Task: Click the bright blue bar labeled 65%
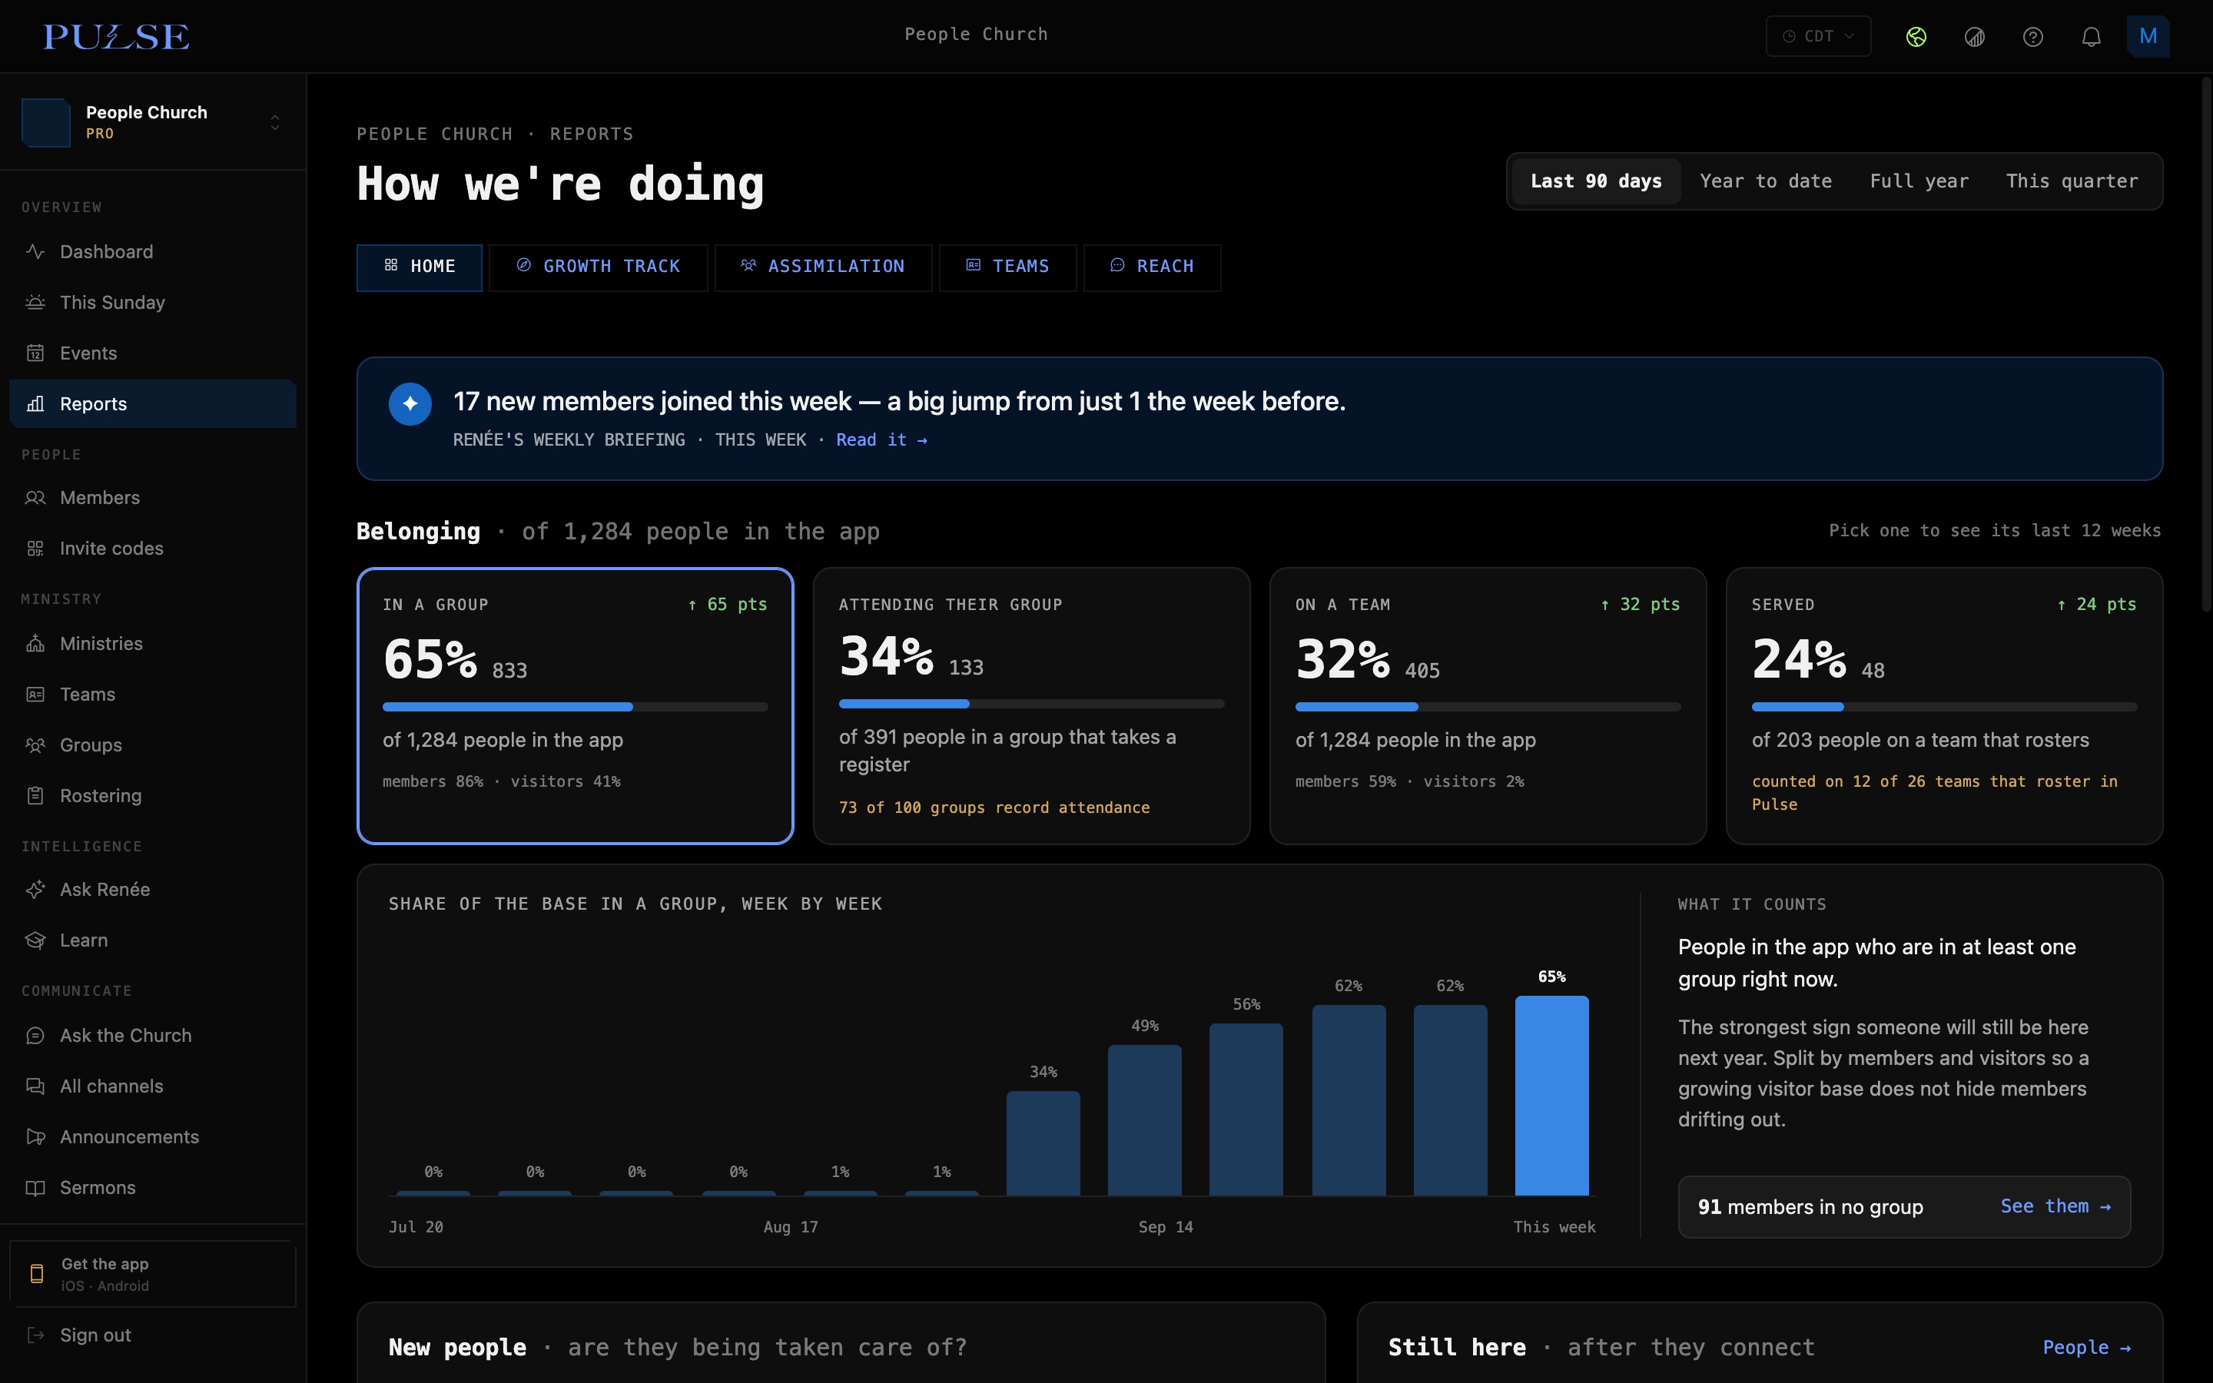(x=1552, y=1095)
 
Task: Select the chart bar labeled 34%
(x=1043, y=1143)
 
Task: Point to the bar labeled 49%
(x=1145, y=1119)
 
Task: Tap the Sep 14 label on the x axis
(x=1166, y=1226)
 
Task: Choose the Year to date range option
(x=1766, y=181)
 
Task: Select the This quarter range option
(x=2072, y=181)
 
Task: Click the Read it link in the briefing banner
(x=881, y=440)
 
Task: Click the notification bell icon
(x=2091, y=37)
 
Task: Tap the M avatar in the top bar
(x=2148, y=37)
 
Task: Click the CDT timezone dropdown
(x=1818, y=37)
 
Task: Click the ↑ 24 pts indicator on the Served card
(x=2096, y=605)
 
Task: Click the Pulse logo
(x=116, y=37)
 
